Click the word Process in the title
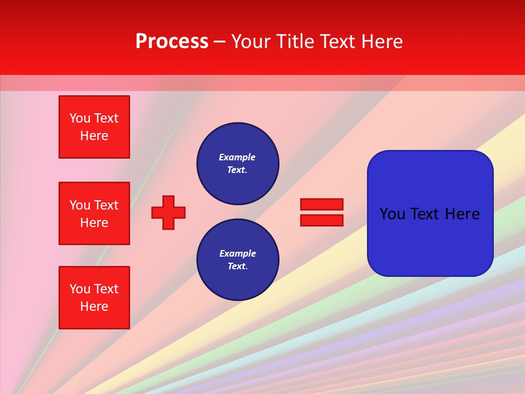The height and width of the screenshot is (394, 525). pyautogui.click(x=172, y=42)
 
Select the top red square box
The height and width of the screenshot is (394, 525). pyautogui.click(x=94, y=127)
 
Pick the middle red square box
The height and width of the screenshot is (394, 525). pyautogui.click(x=94, y=213)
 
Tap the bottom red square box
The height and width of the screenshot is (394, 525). pyautogui.click(x=94, y=298)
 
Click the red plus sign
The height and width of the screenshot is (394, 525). pyautogui.click(x=168, y=212)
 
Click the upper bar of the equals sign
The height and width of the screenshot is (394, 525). pyautogui.click(x=322, y=204)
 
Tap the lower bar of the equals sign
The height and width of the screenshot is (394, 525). pyautogui.click(x=322, y=220)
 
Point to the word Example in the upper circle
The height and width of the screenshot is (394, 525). pyautogui.click(x=237, y=157)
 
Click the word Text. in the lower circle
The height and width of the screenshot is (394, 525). pyautogui.click(x=237, y=266)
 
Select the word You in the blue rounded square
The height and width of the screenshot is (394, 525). pyautogui.click(x=392, y=214)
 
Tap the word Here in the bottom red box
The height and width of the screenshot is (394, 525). pyautogui.click(x=94, y=306)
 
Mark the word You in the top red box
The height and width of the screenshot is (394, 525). pyautogui.click(x=79, y=118)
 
